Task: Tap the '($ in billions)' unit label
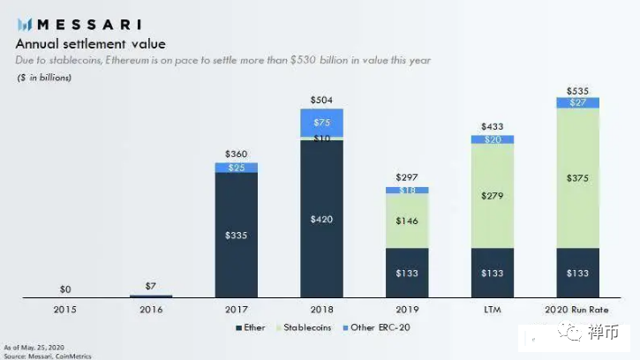coord(44,79)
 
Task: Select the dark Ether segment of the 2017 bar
coord(237,235)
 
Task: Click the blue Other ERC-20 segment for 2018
coord(321,123)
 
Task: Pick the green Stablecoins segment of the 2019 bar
coord(407,221)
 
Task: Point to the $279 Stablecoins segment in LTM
coord(493,196)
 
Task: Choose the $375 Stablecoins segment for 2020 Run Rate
coord(577,177)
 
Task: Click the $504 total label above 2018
coord(321,101)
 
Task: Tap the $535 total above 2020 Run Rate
coord(577,90)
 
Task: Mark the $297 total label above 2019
coord(407,178)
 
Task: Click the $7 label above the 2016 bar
coord(151,286)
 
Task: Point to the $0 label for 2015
coord(66,289)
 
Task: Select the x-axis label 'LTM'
coord(493,309)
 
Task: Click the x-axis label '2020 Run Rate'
coord(577,309)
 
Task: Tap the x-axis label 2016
coord(151,309)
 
